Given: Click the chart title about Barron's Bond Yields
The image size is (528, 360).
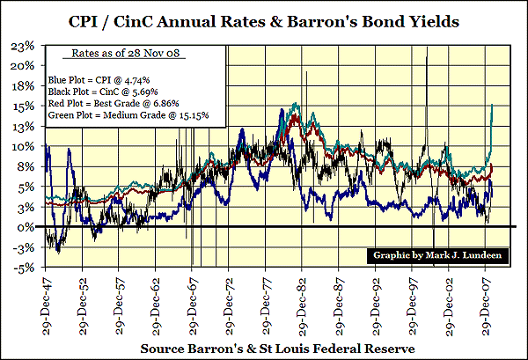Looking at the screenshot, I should tap(264, 18).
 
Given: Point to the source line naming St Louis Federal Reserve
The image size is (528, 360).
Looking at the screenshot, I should tap(263, 349).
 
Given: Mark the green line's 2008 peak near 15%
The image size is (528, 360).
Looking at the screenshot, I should tap(491, 105).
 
